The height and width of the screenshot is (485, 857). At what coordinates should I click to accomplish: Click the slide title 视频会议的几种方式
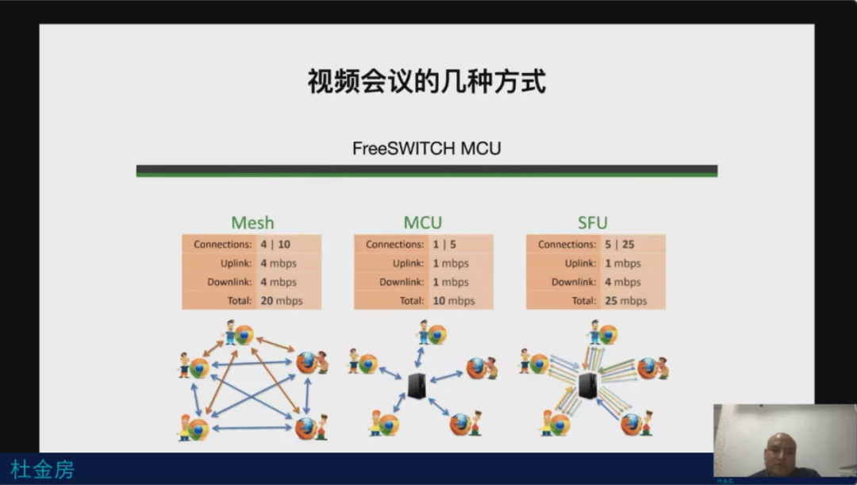(427, 82)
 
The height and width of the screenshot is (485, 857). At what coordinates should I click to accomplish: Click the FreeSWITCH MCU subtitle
(426, 148)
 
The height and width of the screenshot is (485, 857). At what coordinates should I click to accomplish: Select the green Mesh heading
(252, 222)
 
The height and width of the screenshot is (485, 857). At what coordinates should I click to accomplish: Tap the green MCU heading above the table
(422, 222)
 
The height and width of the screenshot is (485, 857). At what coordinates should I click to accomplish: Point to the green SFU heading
(593, 222)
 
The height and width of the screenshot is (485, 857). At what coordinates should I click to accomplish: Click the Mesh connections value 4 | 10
(275, 244)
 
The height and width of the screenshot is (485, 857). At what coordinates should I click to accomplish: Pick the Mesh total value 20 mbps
(282, 301)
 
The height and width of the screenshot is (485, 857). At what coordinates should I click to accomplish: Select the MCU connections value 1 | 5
(444, 244)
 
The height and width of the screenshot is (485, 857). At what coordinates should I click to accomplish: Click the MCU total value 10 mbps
(454, 301)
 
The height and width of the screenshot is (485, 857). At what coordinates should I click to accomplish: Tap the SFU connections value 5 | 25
(619, 244)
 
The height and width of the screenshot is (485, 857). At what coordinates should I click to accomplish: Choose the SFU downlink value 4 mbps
(623, 282)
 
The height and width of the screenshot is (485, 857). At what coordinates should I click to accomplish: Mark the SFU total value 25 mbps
(626, 301)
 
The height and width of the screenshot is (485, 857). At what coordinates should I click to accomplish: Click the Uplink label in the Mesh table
(236, 264)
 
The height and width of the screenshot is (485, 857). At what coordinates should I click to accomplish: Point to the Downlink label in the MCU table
(402, 282)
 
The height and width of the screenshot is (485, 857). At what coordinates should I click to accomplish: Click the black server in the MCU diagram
(417, 386)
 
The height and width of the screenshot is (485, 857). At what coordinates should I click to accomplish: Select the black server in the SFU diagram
(587, 386)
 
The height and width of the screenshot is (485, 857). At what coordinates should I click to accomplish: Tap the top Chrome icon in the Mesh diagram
(244, 335)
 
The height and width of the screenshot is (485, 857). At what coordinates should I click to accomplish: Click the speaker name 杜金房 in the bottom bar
(42, 470)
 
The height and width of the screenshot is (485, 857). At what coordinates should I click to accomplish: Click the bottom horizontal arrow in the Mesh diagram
(252, 428)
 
